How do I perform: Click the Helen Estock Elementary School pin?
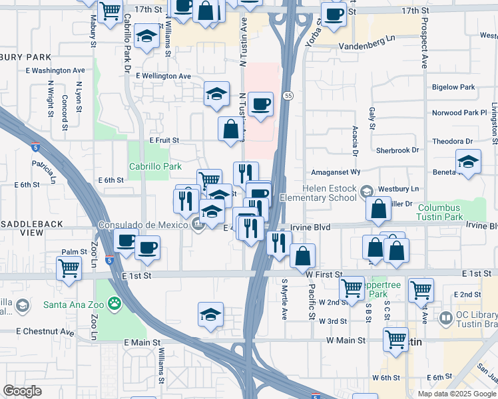pyautogui.click(x=366, y=192)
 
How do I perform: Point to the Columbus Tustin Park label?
pyautogui.click(x=439, y=212)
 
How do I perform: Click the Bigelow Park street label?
pyautogui.click(x=453, y=87)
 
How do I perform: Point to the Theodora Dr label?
pyautogui.click(x=451, y=142)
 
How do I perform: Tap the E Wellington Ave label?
pyautogui.click(x=164, y=76)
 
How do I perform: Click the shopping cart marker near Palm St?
pyautogui.click(x=69, y=269)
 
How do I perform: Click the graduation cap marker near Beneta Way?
pyautogui.click(x=468, y=161)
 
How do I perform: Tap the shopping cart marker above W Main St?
pyautogui.click(x=396, y=339)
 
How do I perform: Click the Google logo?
pyautogui.click(x=22, y=391)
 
